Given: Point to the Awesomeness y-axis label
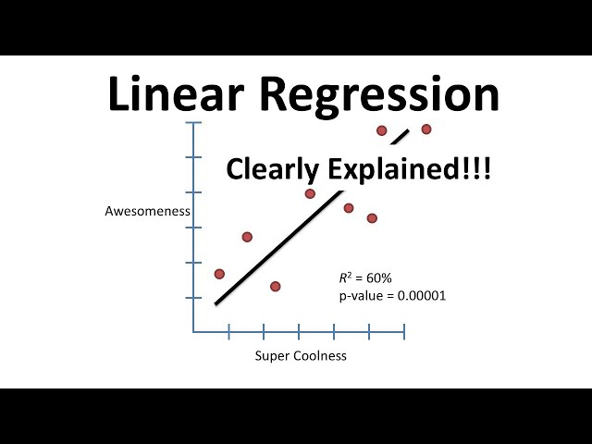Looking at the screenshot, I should click(x=147, y=211).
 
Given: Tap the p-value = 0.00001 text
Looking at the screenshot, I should click(x=388, y=296).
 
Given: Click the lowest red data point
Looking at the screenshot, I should click(x=275, y=286).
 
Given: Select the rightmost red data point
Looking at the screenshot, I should click(x=426, y=129).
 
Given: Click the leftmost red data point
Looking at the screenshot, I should click(x=219, y=274).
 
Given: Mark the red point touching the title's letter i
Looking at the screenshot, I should click(x=381, y=130).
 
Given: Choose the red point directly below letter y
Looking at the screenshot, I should click(x=310, y=193).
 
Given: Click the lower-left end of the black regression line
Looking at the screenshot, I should click(x=216, y=302).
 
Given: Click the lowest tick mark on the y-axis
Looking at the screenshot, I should click(x=193, y=298).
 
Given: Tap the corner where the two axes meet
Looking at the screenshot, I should click(x=193, y=332).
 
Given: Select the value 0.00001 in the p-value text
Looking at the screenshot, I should click(x=419, y=296).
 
